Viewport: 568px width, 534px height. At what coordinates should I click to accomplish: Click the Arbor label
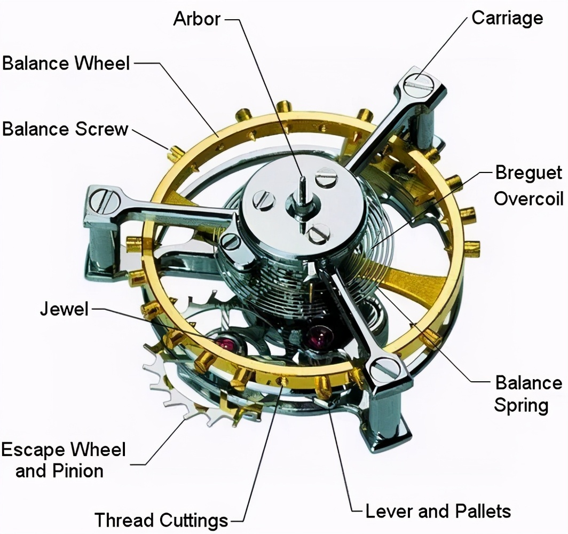(196, 19)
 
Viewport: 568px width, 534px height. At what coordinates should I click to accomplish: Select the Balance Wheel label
(66, 63)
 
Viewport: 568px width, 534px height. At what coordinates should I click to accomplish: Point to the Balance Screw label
(65, 129)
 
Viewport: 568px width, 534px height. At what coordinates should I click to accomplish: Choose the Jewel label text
(64, 309)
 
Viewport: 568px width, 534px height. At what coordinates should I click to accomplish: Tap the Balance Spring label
(528, 394)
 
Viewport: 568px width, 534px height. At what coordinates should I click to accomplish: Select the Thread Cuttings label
(161, 519)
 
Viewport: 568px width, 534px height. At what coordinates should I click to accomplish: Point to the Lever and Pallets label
(438, 511)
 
